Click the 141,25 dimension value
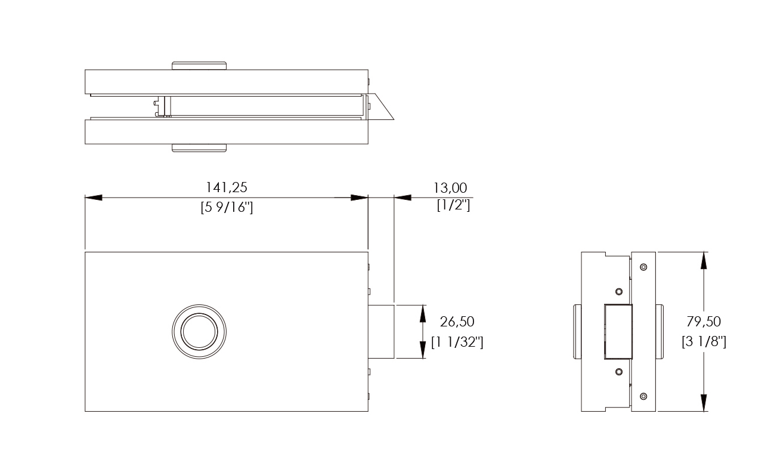(227, 187)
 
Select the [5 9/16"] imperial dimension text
(227, 207)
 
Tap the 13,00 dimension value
(450, 188)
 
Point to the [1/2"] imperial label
(453, 205)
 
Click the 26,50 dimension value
(457, 322)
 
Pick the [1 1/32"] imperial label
(457, 342)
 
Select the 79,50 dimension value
(704, 322)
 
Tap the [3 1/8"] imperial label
(704, 342)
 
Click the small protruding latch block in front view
(381, 332)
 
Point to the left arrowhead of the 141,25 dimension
(94, 198)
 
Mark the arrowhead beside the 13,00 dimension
(403, 198)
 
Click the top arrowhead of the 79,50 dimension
(704, 260)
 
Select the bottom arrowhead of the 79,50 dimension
(704, 403)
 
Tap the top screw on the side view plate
(643, 267)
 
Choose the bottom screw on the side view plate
(643, 396)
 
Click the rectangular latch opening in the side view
(618, 332)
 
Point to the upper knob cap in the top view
(199, 66)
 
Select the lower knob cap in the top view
(199, 148)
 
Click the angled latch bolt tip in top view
(382, 107)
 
